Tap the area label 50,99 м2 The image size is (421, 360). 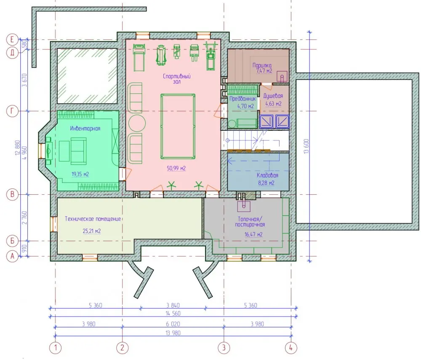tap(176, 169)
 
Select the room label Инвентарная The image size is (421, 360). tap(85, 129)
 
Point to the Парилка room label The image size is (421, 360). tap(262, 65)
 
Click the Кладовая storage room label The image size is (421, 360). tap(267, 175)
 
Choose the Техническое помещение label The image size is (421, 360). tap(93, 219)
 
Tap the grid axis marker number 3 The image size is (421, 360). tap(224, 348)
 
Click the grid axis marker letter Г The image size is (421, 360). tap(12, 111)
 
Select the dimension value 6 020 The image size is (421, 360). tap(173, 324)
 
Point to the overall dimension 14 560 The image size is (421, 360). tap(173, 313)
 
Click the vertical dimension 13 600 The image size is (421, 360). tap(306, 146)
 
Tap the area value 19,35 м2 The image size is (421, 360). tap(80, 175)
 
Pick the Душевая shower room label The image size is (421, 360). tap(273, 96)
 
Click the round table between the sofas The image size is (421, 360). tap(137, 123)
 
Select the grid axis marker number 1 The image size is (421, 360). tap(55, 348)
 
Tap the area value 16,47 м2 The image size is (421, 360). tap(253, 234)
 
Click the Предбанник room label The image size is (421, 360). tap(243, 99)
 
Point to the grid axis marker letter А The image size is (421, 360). tap(12, 257)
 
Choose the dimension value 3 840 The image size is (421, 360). tap(173, 305)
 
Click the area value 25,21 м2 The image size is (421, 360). tap(92, 231)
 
